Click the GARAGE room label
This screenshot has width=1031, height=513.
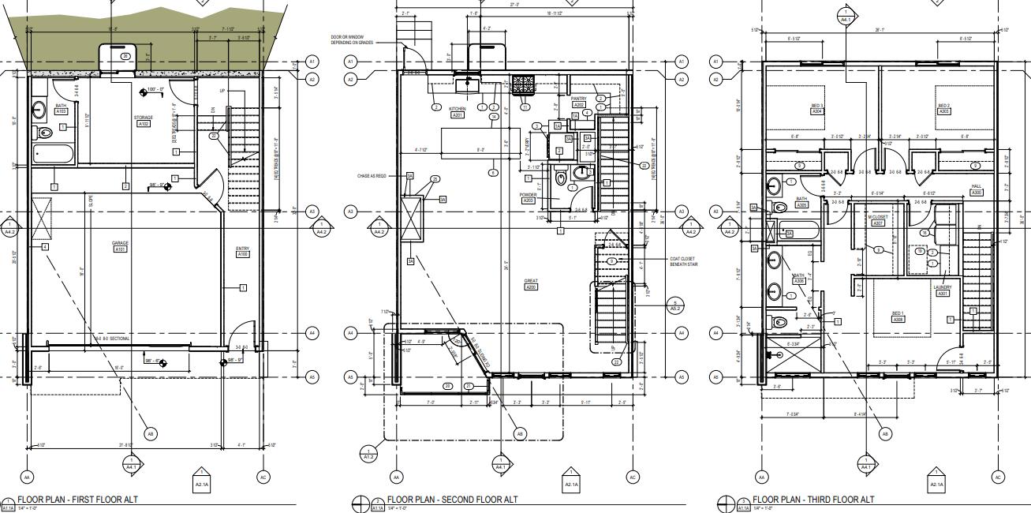coord(121,243)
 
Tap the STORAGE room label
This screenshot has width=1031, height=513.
coord(144,118)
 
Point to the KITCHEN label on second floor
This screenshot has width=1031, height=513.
coord(458,109)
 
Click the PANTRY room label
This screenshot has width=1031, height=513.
coord(578,99)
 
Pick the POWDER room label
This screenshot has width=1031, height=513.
coord(529,194)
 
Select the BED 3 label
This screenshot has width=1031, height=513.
coord(817,106)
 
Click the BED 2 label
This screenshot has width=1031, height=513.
coord(943,106)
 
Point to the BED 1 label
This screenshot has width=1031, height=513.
coord(898,313)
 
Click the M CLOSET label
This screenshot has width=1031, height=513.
coord(878,217)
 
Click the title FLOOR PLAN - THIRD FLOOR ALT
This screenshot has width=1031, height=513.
coord(813,500)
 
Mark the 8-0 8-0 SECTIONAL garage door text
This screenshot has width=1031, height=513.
coord(113,339)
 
